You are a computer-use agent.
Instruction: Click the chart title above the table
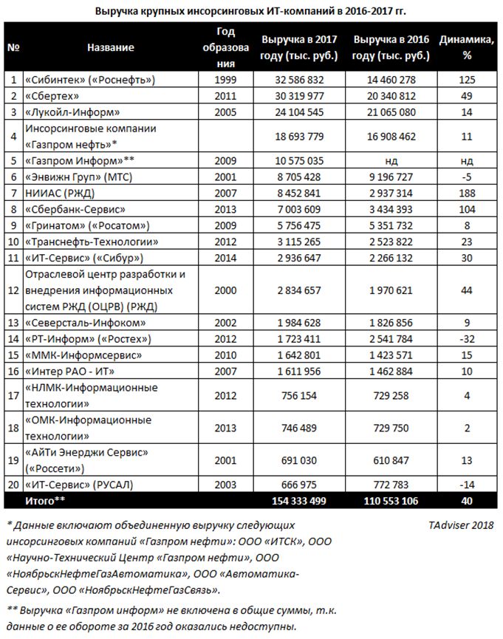(251, 11)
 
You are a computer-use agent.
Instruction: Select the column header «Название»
(110, 47)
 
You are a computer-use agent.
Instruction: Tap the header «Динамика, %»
(467, 47)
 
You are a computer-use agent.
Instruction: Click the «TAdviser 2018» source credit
(460, 525)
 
